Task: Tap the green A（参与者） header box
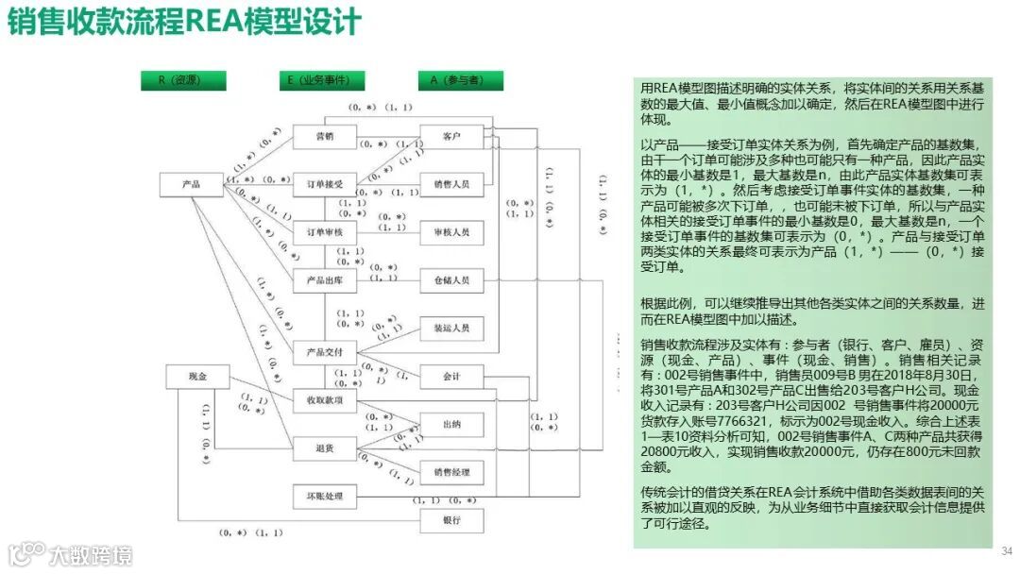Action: point(460,81)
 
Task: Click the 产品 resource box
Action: point(191,184)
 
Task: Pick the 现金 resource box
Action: point(197,377)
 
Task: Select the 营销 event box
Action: point(324,137)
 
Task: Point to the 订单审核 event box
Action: point(324,231)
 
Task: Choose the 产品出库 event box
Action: point(324,280)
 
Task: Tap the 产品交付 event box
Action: point(324,352)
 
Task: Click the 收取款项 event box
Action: point(324,400)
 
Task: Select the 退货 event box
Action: point(324,448)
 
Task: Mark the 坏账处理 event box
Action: point(324,497)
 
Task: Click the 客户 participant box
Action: point(451,137)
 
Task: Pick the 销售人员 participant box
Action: point(451,183)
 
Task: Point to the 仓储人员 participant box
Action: point(451,280)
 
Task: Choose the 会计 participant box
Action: point(451,377)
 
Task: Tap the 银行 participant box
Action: point(451,521)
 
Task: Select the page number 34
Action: point(1006,550)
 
